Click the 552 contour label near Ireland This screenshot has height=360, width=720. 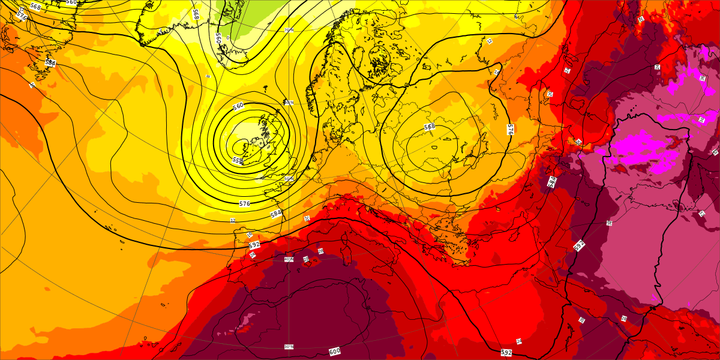coord(238,160)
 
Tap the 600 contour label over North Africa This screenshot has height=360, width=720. coord(334,351)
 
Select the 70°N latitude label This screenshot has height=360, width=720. coord(289,29)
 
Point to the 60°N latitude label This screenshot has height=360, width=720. coord(289,103)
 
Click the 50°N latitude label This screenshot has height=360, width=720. coord(289,178)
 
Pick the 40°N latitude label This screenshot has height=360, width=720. coord(289,259)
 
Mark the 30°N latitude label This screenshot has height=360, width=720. coord(289,346)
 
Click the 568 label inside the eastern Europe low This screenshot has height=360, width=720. coord(430,127)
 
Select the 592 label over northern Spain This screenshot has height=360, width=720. coord(254,245)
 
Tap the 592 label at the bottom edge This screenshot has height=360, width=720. coord(506,352)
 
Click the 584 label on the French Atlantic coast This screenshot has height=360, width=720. coord(276,213)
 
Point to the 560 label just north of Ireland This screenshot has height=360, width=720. coord(238,106)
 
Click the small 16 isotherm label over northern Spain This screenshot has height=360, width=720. coord(250,235)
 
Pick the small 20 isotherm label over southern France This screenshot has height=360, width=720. coord(307,218)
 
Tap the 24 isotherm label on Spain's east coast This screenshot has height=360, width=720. coord(253,255)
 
